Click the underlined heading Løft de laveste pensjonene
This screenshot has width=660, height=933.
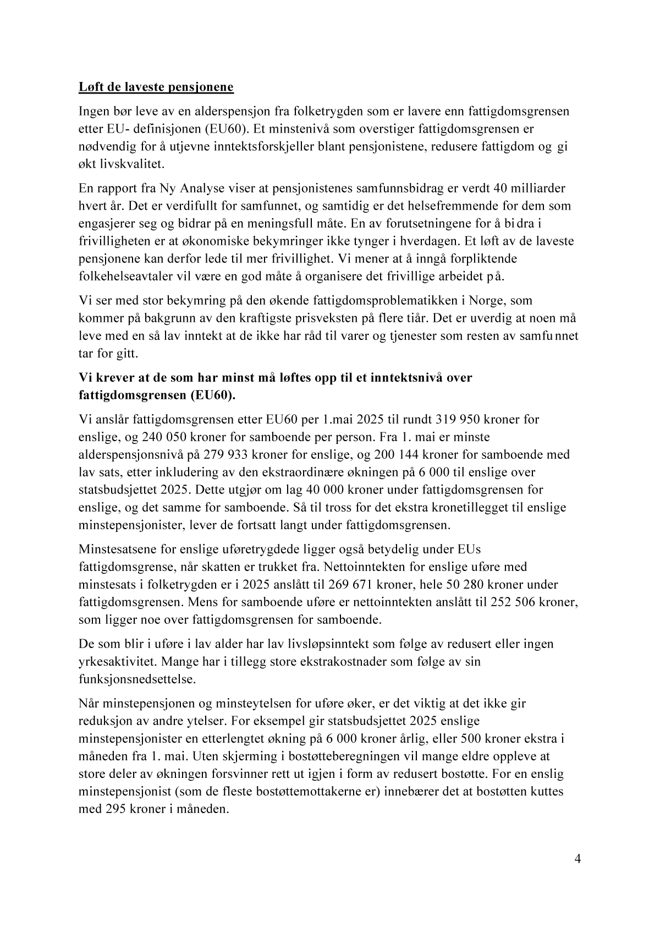156,87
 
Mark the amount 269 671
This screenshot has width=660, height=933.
360,584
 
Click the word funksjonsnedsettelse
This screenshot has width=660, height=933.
136,679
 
